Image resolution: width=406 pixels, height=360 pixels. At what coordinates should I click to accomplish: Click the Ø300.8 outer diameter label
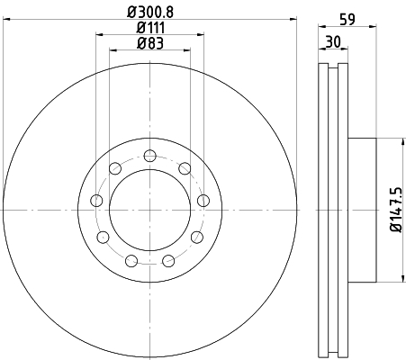coord(150,12)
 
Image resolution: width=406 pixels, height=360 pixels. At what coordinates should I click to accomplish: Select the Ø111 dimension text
coord(150,28)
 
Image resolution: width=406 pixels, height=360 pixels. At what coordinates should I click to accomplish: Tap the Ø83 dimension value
coord(150,43)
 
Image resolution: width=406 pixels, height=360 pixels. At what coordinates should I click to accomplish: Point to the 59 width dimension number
coord(347,20)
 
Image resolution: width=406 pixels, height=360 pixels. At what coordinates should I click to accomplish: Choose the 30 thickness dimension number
coord(333,41)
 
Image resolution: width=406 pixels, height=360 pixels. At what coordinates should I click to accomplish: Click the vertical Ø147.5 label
coord(396,210)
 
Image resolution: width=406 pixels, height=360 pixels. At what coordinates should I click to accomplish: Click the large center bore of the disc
coord(149,210)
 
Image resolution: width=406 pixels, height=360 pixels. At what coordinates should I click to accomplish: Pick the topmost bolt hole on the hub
coord(149,156)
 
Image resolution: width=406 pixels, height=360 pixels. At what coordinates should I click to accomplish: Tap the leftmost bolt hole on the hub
coord(96,201)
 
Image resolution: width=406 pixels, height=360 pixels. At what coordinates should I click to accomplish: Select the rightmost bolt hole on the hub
coord(203,201)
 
